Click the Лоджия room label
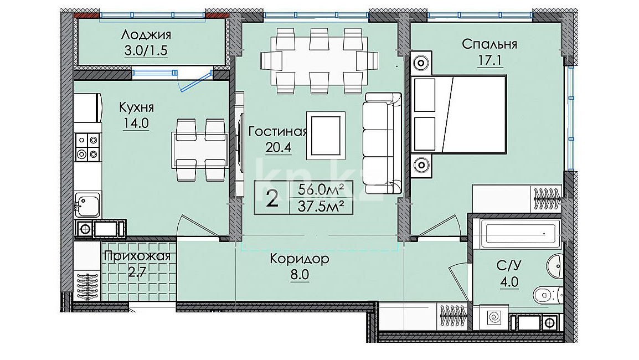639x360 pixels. point(146,35)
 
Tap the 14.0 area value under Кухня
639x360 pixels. point(136,123)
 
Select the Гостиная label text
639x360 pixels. point(277,132)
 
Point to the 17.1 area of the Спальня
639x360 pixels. point(489,61)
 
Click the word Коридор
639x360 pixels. point(300,259)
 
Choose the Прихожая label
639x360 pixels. point(137,256)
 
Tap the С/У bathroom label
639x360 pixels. point(509,266)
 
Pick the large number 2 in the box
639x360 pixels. point(272,198)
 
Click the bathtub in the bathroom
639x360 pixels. point(520,234)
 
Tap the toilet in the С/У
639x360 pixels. point(547,294)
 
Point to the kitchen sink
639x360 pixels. point(87,205)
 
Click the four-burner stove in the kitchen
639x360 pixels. point(87,147)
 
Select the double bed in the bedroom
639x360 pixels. point(459,114)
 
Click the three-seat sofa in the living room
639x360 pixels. point(383,143)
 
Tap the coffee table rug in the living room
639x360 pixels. point(326,135)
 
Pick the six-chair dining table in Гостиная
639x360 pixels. point(314,61)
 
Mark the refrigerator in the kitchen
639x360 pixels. point(87,107)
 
